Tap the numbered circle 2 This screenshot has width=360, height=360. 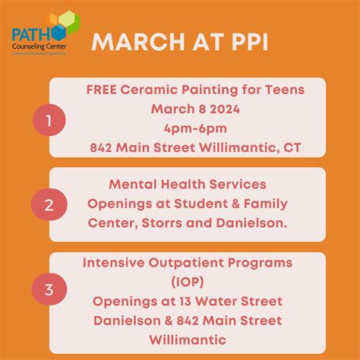[49, 205]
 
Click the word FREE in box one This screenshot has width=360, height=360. [103, 90]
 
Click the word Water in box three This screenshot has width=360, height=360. [224, 302]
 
